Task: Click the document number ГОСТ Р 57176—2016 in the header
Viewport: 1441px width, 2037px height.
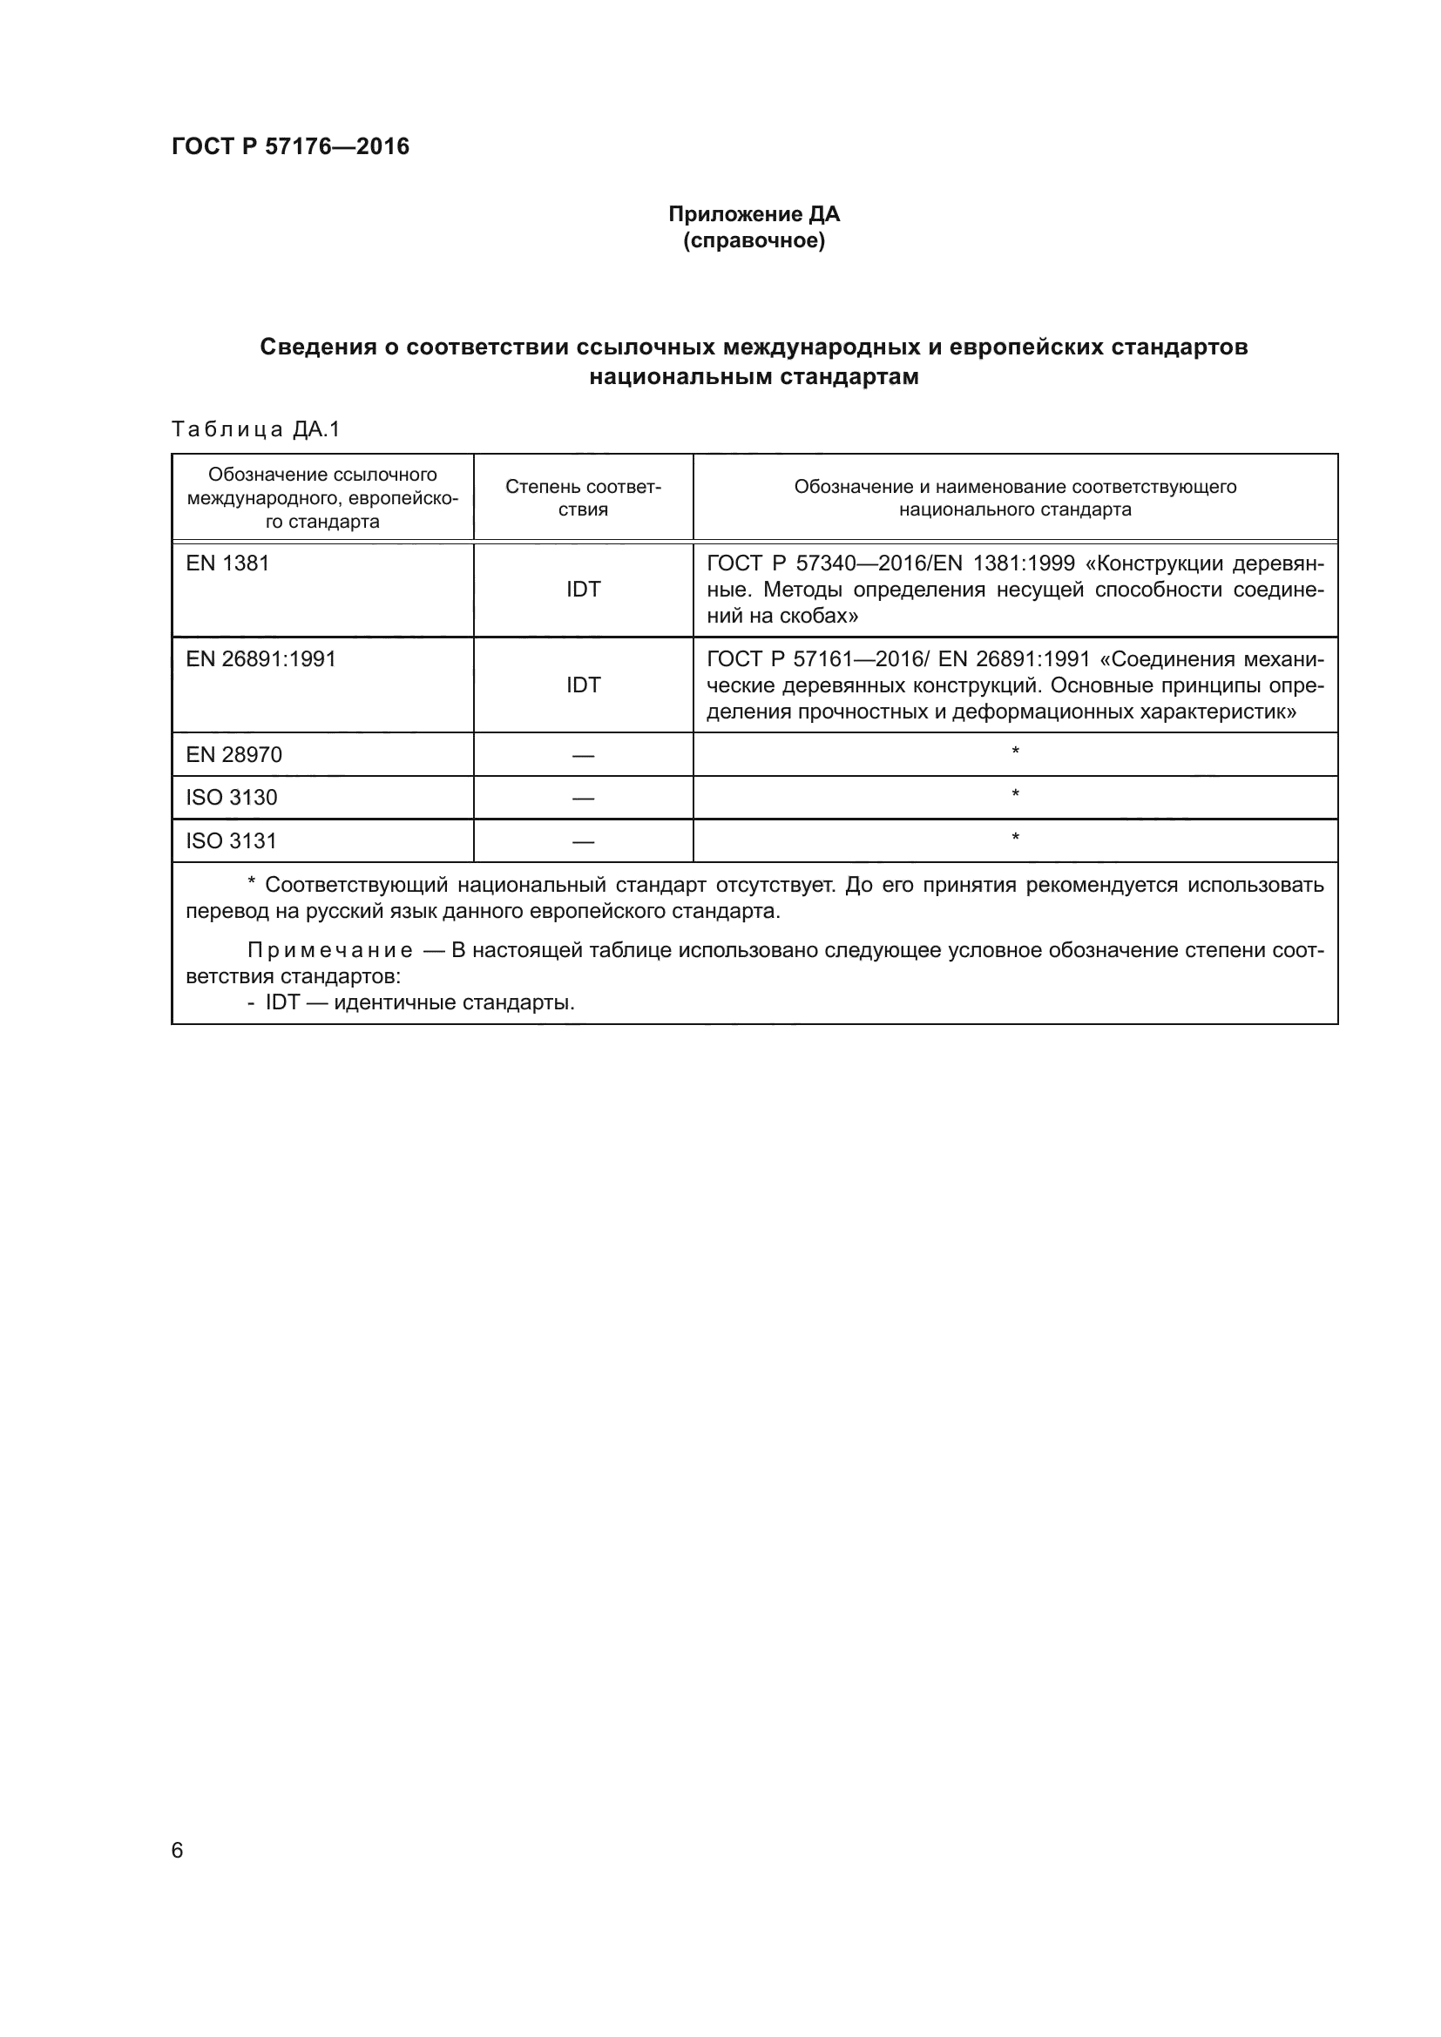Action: click(290, 146)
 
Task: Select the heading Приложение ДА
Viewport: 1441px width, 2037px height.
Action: click(754, 214)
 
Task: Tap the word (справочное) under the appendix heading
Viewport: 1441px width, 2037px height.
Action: click(754, 241)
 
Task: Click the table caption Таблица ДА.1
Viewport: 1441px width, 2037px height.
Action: click(255, 430)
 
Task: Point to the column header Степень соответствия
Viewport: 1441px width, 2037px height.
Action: click(583, 498)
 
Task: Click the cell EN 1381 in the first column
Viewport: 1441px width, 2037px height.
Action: click(227, 563)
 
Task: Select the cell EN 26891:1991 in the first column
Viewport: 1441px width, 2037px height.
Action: click(260, 659)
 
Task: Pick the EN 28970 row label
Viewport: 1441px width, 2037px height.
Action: click(233, 755)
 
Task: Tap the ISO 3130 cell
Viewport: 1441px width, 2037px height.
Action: click(231, 798)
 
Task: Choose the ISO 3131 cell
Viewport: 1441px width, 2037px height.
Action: click(231, 841)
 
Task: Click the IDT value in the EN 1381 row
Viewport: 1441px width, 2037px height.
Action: click(583, 590)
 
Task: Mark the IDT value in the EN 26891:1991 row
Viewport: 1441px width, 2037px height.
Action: click(583, 685)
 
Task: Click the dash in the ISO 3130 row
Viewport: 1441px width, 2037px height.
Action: click(583, 799)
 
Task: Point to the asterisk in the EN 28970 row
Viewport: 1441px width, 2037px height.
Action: click(1015, 753)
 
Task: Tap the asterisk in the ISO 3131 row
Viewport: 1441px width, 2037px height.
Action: click(1015, 839)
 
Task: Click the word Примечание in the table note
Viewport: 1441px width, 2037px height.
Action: click(330, 951)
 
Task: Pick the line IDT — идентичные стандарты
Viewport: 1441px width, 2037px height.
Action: click(419, 1003)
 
